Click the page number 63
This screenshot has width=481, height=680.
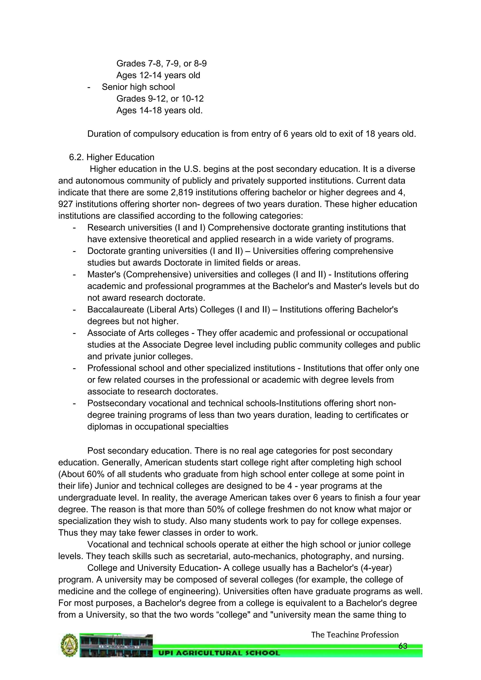[403, 646]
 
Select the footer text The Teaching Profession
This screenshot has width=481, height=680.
[355, 634]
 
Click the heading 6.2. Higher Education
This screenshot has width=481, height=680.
[112, 157]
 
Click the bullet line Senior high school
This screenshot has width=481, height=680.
[138, 87]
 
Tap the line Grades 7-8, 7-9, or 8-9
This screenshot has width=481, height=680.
[161, 63]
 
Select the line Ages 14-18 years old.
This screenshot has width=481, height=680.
[159, 110]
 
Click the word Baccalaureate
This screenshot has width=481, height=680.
[116, 309]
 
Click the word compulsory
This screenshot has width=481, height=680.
[155, 134]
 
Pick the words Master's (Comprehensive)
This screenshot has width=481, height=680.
[139, 274]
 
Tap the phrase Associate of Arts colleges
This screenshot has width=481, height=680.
[138, 333]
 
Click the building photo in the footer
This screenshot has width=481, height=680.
[116, 645]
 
